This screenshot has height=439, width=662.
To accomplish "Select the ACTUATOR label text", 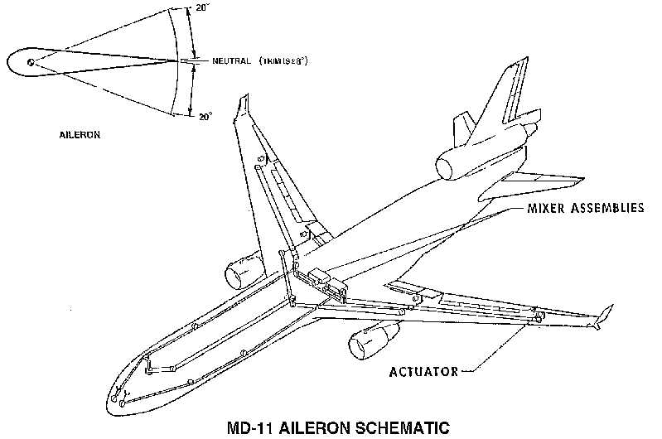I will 423,371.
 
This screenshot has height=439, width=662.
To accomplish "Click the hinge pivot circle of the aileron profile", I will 31,61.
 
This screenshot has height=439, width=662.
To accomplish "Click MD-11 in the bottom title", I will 250,428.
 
